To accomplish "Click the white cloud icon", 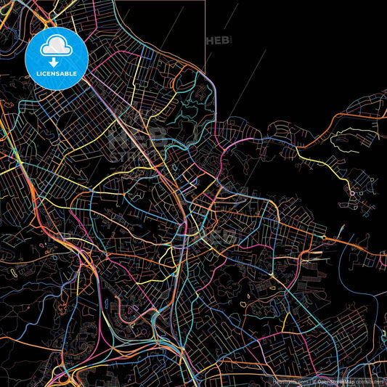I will pos(55,47).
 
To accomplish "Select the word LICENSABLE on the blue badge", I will pos(55,74).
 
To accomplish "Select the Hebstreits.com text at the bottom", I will pos(290,380).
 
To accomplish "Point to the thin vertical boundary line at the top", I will pos(205,36).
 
